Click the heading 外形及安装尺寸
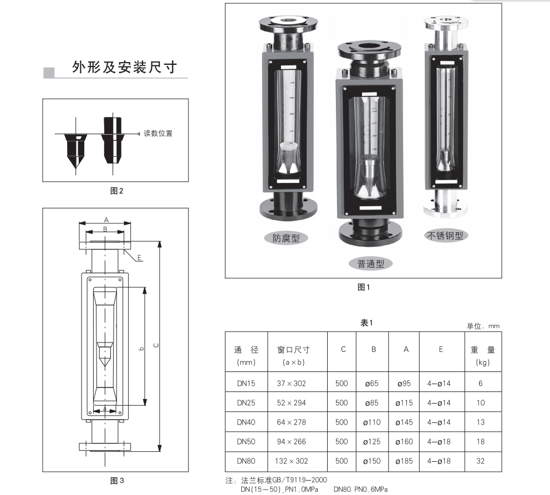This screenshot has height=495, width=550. click(124, 68)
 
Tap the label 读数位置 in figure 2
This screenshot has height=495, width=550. click(158, 134)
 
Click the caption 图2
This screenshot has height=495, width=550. click(116, 191)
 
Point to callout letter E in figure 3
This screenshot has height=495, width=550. click(140, 258)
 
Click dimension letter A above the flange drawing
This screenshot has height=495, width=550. click(105, 220)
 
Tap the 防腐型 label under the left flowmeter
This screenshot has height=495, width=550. click(286, 238)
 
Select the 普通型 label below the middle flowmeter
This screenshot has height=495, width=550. click(370, 264)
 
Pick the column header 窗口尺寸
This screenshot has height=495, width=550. click(293, 350)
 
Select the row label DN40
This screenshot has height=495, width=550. click(246, 422)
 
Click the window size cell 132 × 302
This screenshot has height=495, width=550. click(291, 461)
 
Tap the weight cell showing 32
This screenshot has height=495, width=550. click(480, 461)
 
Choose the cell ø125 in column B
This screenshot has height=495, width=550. click(372, 442)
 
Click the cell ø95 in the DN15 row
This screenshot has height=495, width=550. click(404, 384)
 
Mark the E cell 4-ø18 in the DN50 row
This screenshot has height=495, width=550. click(439, 442)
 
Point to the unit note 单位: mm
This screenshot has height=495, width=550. click(483, 326)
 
